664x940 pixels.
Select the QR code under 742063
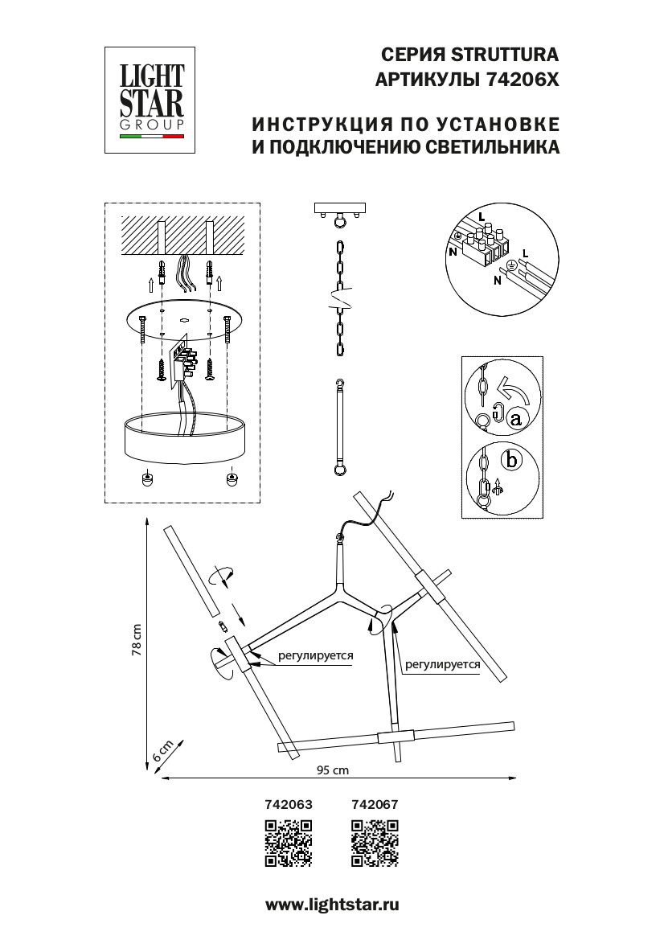coord(288,843)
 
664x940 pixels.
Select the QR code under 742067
coord(375,843)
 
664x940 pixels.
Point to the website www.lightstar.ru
coord(332,905)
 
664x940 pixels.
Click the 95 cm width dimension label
coord(332,770)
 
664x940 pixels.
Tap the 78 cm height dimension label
coord(137,641)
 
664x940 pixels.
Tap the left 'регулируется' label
coord(316,655)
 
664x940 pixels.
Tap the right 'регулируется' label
coord(442,664)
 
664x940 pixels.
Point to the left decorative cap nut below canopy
coord(147,478)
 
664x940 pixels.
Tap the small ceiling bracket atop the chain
coord(341,211)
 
